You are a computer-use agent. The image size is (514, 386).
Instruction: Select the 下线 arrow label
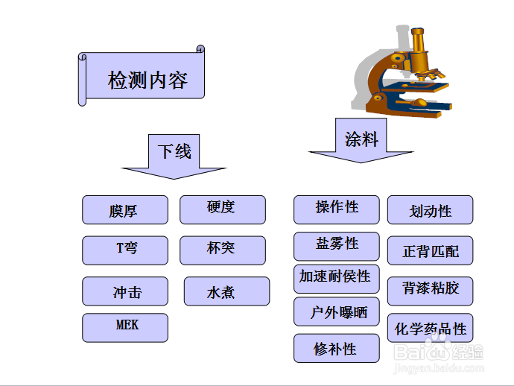coord(174,151)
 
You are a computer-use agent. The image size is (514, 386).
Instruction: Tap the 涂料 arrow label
coord(361,138)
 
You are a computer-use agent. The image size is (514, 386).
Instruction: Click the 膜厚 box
coord(125,210)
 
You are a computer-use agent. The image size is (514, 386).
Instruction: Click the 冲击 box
coord(125,291)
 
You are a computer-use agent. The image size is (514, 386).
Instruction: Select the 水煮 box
coord(226,291)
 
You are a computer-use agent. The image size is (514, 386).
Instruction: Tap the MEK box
coord(125,327)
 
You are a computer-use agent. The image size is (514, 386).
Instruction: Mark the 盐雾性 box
coord(337,246)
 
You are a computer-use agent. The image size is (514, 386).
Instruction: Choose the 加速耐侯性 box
coord(337,278)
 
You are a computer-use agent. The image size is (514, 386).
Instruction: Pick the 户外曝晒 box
coord(337,312)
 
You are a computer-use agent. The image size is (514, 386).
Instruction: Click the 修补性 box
coord(337,348)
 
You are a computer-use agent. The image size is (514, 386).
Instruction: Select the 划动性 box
coord(430,210)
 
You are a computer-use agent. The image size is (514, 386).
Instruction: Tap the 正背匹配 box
coord(430,251)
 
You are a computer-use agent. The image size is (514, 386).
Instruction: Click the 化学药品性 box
coord(430,328)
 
